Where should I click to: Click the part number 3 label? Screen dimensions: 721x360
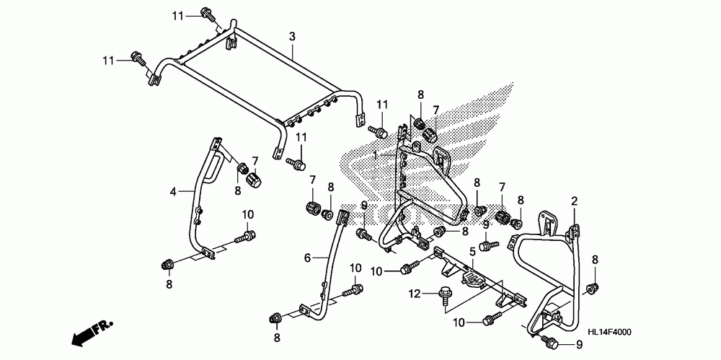291,37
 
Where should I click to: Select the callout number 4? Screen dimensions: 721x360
173,191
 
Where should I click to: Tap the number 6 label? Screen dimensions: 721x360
308,258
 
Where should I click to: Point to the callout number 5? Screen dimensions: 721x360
472,251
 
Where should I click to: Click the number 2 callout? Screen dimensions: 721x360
575,201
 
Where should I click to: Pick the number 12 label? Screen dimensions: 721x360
415,293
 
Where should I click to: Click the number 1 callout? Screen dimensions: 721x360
376,156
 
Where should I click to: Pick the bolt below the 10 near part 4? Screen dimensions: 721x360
245,237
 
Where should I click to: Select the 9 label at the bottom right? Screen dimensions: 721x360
579,344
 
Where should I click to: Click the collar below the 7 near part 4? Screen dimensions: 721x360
253,180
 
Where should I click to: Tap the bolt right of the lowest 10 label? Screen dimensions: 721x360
491,320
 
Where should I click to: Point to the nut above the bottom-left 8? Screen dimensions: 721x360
167,265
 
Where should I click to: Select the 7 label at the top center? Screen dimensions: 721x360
435,110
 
